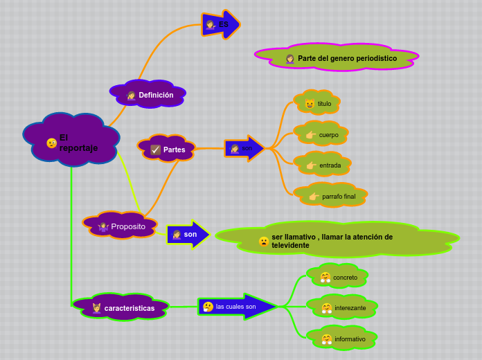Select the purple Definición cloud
pyautogui.click(x=148, y=94)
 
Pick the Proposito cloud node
pyautogui.click(x=120, y=226)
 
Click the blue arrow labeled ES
pyautogui.click(x=220, y=25)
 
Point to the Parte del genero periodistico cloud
pyautogui.click(x=337, y=58)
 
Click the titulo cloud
pyautogui.click(x=318, y=103)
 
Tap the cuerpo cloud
pyautogui.click(x=321, y=134)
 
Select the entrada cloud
pyautogui.click(x=323, y=165)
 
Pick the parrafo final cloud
pyautogui.click(x=331, y=196)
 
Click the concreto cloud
pyautogui.click(x=338, y=277)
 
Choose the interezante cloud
pyautogui.click(x=342, y=307)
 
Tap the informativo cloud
pyautogui.click(x=342, y=339)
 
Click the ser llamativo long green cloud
pyautogui.click(x=337, y=240)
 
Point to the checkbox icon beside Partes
pyautogui.click(x=156, y=150)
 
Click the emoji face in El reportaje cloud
pyautogui.click(x=52, y=143)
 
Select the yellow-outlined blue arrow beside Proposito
pyautogui.click(x=188, y=234)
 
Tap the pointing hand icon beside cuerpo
pyautogui.click(x=310, y=135)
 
